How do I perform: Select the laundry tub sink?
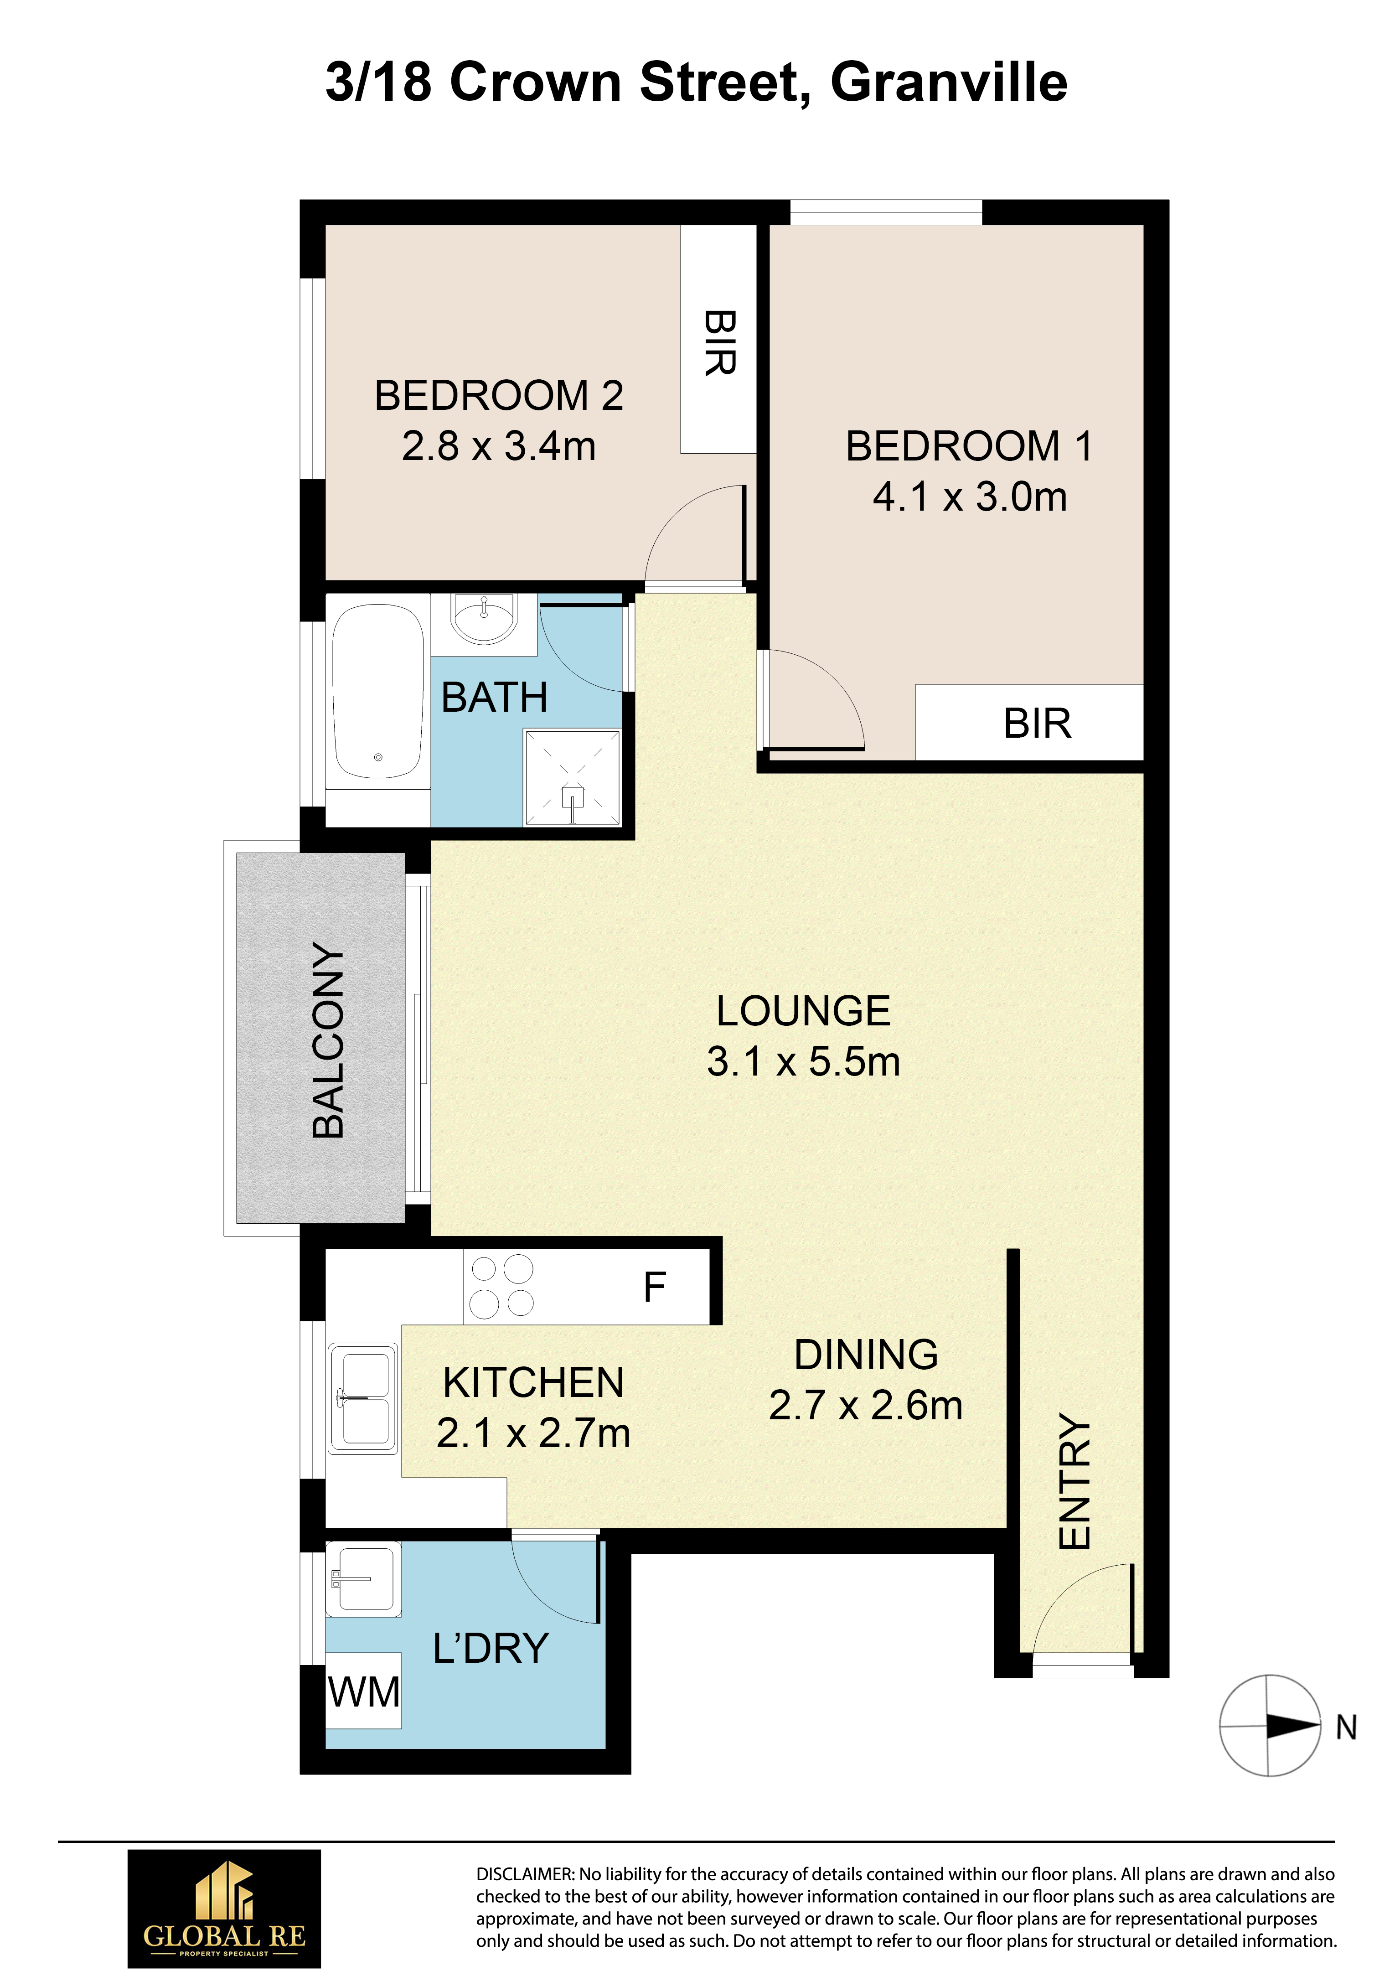click(x=364, y=1579)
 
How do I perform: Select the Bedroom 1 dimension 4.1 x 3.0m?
click(x=970, y=497)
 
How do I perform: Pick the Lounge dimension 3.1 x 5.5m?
click(x=803, y=1061)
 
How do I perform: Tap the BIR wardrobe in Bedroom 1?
click(x=1029, y=723)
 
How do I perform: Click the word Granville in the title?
click(x=949, y=83)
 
